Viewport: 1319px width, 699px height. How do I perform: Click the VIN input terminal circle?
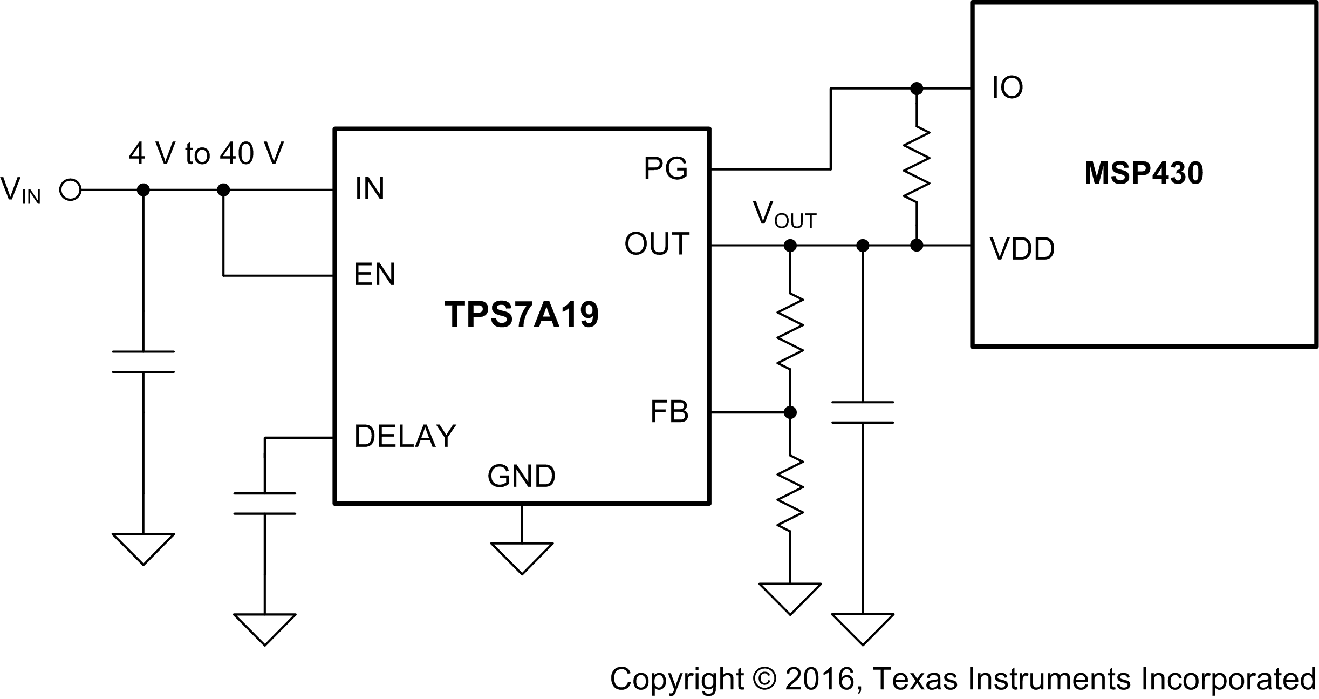(x=70, y=190)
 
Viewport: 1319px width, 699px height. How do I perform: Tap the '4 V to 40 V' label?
(x=206, y=154)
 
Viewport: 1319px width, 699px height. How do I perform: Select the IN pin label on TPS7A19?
(x=370, y=189)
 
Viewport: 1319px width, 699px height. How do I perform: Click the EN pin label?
(x=374, y=274)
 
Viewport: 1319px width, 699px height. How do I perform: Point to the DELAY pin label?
(x=405, y=436)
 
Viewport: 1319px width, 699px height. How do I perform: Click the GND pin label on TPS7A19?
(x=521, y=476)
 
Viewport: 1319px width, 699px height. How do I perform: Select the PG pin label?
(x=665, y=168)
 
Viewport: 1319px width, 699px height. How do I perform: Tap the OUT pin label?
(x=657, y=243)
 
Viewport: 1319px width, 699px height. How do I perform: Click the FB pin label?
(x=669, y=412)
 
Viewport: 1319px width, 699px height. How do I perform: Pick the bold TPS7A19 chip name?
(x=521, y=315)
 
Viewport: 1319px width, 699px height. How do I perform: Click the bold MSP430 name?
(x=1143, y=173)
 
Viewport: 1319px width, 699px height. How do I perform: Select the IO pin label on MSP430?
(x=1007, y=87)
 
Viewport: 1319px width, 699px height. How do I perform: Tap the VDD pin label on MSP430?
(x=1022, y=249)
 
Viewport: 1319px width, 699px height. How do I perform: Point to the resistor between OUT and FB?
(x=790, y=331)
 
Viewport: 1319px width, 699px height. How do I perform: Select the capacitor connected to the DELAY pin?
(x=264, y=503)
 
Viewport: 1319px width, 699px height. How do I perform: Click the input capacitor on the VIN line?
(x=143, y=362)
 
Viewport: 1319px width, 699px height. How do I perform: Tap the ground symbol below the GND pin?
(x=522, y=557)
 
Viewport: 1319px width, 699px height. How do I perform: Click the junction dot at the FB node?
(x=790, y=412)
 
